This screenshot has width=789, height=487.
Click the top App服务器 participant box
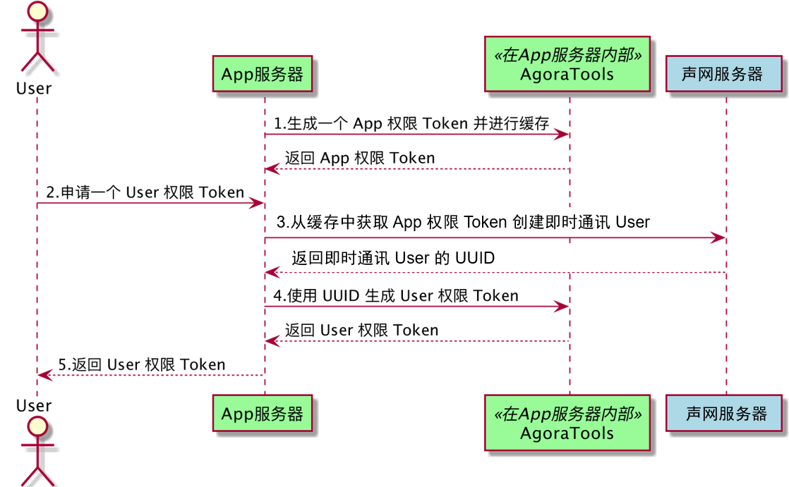[263, 74]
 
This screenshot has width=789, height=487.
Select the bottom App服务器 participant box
[263, 413]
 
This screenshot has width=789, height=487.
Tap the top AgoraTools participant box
[567, 65]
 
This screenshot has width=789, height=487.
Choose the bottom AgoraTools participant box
[567, 423]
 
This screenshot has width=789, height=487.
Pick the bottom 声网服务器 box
[726, 413]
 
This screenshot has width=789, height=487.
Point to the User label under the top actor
[34, 89]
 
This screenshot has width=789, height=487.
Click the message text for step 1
[411, 124]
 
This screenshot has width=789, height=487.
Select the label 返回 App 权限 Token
[360, 158]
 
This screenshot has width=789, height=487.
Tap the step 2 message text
[145, 192]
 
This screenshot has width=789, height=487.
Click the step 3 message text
[463, 223]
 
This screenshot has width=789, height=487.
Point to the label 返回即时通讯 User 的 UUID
[393, 258]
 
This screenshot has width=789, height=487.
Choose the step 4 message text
[396, 296]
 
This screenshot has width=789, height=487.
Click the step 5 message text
[142, 364]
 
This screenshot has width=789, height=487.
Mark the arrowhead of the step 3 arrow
[720, 239]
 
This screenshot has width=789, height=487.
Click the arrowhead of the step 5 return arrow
[43, 375]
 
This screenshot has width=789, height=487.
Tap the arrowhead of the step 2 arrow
[258, 204]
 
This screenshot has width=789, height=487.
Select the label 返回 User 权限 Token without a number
[361, 330]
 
